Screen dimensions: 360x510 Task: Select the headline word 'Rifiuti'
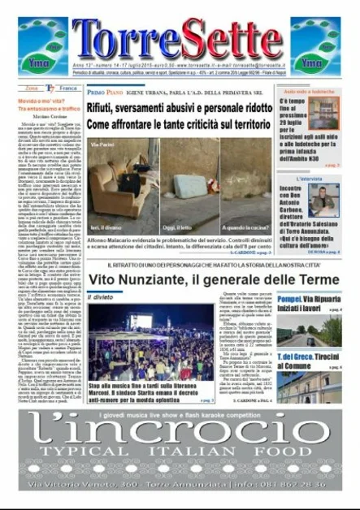tap(105, 106)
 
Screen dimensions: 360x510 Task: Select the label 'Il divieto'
tap(101, 298)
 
